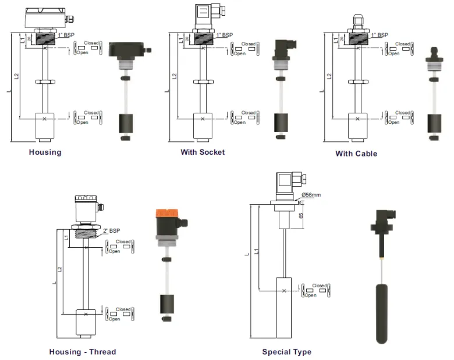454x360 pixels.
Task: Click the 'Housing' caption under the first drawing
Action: click(45, 152)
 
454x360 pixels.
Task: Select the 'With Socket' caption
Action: click(202, 152)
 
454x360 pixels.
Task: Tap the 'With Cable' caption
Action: click(356, 154)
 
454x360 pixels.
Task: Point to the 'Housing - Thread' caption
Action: click(82, 352)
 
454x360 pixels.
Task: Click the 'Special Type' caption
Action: click(286, 352)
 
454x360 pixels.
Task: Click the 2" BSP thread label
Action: click(111, 231)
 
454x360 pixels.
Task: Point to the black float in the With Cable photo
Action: click(434, 123)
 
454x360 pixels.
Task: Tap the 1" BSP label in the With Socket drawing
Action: click(225, 35)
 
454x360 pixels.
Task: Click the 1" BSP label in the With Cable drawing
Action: click(378, 35)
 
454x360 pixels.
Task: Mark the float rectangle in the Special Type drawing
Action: click(283, 308)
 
